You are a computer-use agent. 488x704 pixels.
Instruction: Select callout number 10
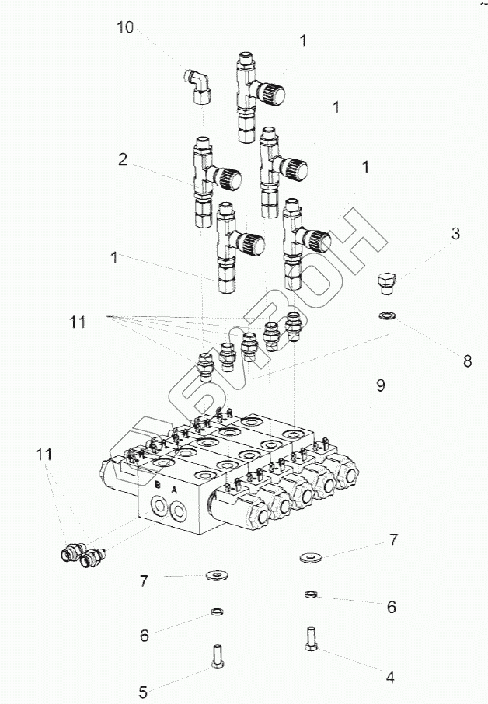[125, 28]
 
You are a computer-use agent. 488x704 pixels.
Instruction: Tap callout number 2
[123, 161]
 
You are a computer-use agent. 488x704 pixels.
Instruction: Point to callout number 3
[456, 232]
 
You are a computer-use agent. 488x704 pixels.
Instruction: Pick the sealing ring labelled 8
[385, 315]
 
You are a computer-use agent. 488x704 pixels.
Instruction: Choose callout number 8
[467, 361]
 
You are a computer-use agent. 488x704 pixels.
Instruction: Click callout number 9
[380, 385]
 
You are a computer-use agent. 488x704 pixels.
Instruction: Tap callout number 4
[391, 678]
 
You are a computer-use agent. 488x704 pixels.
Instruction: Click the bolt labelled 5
[217, 653]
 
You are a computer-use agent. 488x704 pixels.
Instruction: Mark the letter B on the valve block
[157, 486]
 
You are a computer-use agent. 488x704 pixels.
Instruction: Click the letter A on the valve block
[174, 490]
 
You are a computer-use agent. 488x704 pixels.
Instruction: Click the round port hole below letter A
[180, 511]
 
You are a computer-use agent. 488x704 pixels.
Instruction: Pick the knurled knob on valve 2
[229, 179]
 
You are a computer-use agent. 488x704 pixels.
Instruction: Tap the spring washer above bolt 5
[218, 612]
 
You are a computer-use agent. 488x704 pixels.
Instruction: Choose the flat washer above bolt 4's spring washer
[312, 556]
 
